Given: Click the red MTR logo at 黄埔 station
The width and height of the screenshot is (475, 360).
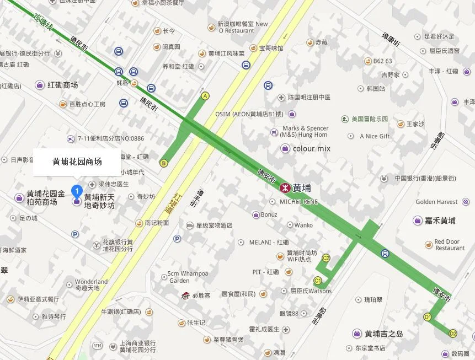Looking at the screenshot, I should click(x=285, y=187).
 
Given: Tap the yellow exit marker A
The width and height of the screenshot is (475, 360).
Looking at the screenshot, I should click(x=206, y=96).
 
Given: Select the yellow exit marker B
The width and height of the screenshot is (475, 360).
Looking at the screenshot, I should click(x=163, y=163).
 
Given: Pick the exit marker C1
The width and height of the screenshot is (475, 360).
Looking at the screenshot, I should click(x=318, y=280).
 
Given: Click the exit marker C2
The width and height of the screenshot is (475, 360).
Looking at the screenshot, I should click(x=326, y=258).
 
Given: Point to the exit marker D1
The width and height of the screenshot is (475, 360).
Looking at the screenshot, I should click(x=428, y=317).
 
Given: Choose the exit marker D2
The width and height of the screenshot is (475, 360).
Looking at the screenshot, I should click(x=453, y=333).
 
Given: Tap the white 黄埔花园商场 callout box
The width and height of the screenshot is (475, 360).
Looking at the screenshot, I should click(x=77, y=162).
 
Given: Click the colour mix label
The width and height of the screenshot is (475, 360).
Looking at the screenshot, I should click(x=312, y=148).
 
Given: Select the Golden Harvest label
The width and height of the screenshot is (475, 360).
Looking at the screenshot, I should click(x=436, y=202).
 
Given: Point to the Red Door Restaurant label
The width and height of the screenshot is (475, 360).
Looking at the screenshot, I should click(x=449, y=245).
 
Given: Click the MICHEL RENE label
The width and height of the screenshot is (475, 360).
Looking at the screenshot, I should click(x=299, y=201).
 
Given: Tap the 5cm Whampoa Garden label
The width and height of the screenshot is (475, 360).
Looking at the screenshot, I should click(x=188, y=277).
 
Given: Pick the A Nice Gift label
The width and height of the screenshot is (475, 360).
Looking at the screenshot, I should click(x=375, y=136).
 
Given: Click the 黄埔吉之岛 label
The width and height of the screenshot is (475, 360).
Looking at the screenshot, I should click(x=384, y=334).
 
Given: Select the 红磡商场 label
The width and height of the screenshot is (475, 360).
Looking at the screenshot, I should click(x=62, y=85).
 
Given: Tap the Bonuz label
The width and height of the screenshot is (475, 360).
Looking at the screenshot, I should click(x=269, y=214).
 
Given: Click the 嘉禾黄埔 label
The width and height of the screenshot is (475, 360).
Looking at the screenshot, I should click(x=440, y=221).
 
